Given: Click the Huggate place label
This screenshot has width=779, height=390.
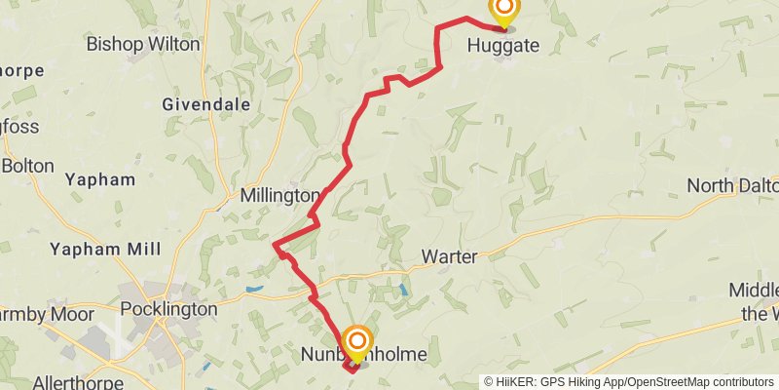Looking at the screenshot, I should coord(502,44).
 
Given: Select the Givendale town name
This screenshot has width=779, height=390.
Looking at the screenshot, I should coord(206,104).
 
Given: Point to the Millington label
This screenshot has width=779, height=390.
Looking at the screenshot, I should coord(279,196).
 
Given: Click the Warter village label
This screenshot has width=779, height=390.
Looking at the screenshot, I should coord(449,257).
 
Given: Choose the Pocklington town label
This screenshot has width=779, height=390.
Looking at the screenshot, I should coord(168,309).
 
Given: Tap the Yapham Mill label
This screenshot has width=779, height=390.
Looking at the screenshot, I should coord(105,249).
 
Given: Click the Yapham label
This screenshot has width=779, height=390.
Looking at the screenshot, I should coord(99,179).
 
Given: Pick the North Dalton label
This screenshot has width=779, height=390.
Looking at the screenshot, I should coord(733,185).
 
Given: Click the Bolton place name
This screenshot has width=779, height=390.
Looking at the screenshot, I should coord(27,166).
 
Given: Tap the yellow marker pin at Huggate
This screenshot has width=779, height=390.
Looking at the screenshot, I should coord(503,12).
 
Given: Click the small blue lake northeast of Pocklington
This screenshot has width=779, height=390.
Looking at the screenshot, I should coord(254,290).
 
